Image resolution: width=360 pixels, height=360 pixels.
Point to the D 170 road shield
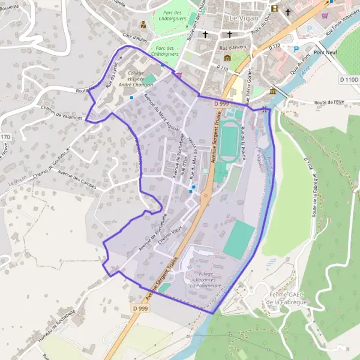click(x=5, y=138)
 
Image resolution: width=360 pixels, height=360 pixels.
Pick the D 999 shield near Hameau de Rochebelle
click(x=140, y=308)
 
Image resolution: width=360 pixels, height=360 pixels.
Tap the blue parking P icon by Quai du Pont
click(x=296, y=49)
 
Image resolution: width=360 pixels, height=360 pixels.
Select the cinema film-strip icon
click(x=275, y=8)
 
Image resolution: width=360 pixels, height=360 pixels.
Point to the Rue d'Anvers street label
click(x=234, y=48)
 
